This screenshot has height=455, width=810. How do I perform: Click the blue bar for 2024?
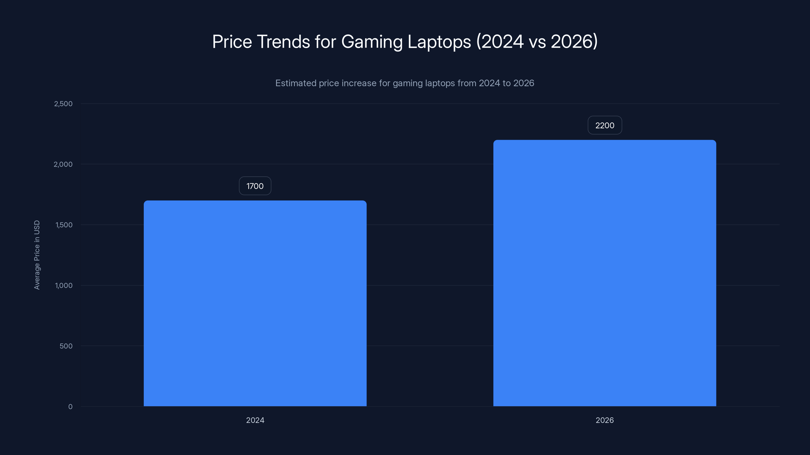click(255, 303)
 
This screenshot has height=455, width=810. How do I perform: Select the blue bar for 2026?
click(604, 273)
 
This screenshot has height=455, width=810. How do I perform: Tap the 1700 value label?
click(255, 186)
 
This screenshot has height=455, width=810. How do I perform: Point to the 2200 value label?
click(605, 125)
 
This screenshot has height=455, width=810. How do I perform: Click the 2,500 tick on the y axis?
click(63, 104)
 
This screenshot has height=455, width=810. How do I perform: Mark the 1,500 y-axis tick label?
click(64, 225)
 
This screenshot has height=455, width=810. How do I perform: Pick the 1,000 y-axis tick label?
click(64, 285)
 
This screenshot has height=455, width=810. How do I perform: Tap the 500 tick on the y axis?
click(66, 346)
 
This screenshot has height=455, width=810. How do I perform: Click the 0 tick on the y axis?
click(70, 407)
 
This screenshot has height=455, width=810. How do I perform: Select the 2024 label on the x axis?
click(255, 420)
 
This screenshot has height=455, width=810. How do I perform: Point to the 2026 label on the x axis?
click(604, 420)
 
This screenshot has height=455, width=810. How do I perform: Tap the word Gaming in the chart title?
click(372, 42)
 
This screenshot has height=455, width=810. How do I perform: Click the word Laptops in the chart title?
click(439, 42)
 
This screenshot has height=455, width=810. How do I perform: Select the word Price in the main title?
click(232, 42)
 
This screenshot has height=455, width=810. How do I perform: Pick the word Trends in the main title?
click(283, 42)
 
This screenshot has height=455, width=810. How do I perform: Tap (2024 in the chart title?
click(500, 42)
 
